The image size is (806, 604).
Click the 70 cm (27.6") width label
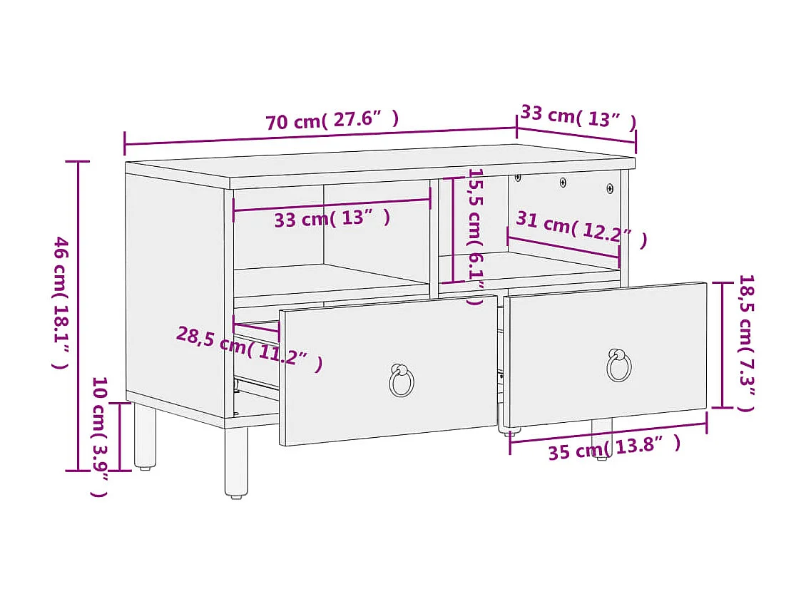332,120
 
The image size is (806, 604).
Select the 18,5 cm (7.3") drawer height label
745,343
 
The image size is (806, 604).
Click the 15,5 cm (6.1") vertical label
476,236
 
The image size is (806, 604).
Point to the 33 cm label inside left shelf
332,219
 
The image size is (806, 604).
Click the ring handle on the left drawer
402,381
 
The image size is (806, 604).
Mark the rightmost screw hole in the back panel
610,188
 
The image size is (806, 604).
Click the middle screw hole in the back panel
563,183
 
